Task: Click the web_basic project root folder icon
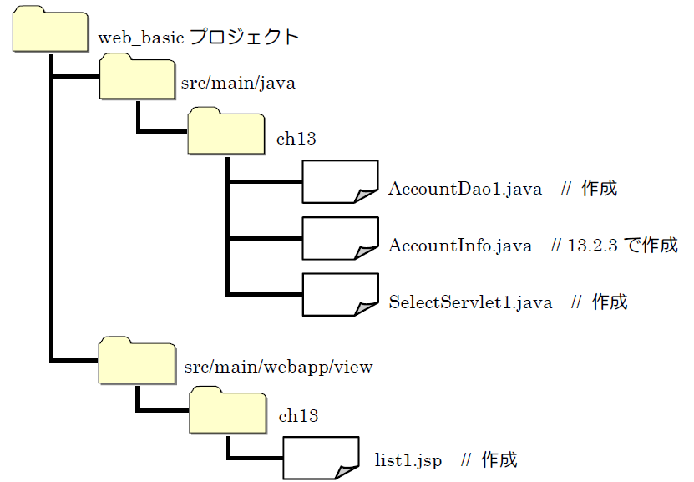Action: point(51,32)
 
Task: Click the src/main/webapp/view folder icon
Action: point(136,361)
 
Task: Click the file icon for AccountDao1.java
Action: point(340,183)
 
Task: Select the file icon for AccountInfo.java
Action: point(340,240)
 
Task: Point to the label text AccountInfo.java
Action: point(460,246)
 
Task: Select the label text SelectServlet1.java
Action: point(470,302)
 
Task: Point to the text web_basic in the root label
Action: point(140,38)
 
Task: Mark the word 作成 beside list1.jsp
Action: point(499,460)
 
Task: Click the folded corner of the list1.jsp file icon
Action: point(346,472)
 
